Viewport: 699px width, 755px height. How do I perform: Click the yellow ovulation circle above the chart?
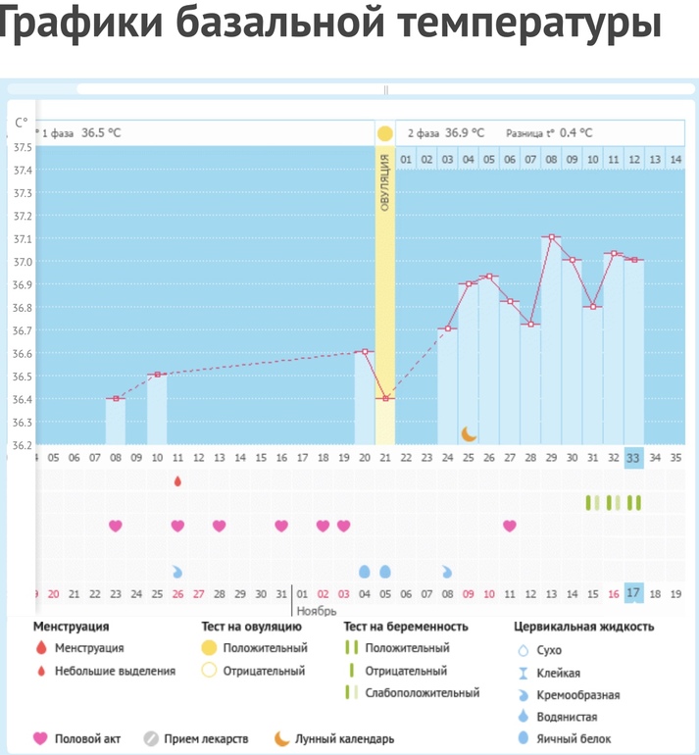(385, 133)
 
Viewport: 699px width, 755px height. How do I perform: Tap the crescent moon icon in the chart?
(470, 433)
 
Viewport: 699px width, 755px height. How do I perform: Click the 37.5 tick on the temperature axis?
(22, 147)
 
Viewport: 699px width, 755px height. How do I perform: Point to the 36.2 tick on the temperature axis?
(22, 445)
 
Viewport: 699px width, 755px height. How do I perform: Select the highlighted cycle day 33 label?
(634, 457)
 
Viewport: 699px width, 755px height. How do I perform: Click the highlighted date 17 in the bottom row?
(634, 593)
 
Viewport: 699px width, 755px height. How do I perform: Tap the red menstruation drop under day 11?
(177, 481)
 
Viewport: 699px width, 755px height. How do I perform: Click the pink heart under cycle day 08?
(116, 526)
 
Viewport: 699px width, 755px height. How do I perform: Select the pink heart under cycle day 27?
(510, 526)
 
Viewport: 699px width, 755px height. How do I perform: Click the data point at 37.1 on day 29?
(552, 237)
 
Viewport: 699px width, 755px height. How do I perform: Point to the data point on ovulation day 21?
(385, 398)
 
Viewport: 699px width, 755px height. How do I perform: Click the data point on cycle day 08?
(116, 398)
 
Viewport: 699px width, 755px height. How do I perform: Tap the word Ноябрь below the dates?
(317, 611)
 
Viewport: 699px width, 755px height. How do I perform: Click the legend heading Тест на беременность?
(406, 627)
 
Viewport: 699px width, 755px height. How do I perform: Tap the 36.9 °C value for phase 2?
(465, 132)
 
